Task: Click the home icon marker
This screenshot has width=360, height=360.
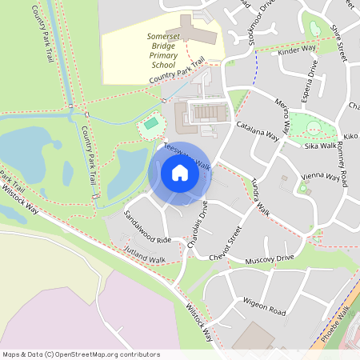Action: click(179, 172)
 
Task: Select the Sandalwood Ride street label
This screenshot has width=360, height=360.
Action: click(148, 227)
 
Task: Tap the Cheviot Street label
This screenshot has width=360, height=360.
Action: click(224, 246)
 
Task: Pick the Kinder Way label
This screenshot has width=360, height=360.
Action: click(298, 50)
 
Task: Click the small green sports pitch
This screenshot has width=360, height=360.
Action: click(150, 124)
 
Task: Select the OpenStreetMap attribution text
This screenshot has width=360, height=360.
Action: click(81, 354)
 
